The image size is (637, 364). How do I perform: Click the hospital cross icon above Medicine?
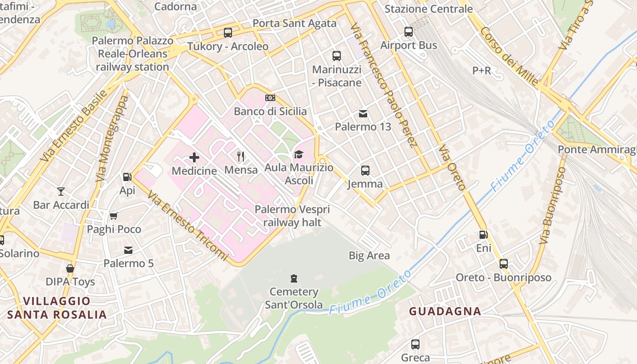(x=194, y=157)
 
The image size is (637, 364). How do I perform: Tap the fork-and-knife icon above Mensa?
(x=241, y=157)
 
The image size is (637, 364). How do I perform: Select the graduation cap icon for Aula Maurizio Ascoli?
(x=298, y=155)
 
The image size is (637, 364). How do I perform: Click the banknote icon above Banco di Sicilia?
(x=270, y=98)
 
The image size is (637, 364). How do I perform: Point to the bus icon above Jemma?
(x=365, y=171)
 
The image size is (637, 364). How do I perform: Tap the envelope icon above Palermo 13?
(x=363, y=113)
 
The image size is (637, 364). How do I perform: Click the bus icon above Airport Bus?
(x=409, y=32)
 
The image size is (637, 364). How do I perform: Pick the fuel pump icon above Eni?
(x=483, y=235)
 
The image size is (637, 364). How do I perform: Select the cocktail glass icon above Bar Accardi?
(x=61, y=191)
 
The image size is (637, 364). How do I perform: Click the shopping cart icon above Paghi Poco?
(x=114, y=216)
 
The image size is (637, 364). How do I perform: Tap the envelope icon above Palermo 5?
(x=128, y=250)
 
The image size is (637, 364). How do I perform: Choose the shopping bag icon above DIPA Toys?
(x=70, y=268)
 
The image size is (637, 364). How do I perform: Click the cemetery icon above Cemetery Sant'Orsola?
(x=294, y=278)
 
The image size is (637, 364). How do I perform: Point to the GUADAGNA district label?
(x=445, y=311)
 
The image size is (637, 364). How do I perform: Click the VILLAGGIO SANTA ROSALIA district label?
(x=57, y=308)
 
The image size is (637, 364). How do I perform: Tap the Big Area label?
(x=369, y=256)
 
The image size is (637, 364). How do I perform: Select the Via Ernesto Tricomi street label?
(x=187, y=224)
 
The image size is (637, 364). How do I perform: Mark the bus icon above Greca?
(x=415, y=344)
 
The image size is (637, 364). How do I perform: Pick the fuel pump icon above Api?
(x=127, y=177)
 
